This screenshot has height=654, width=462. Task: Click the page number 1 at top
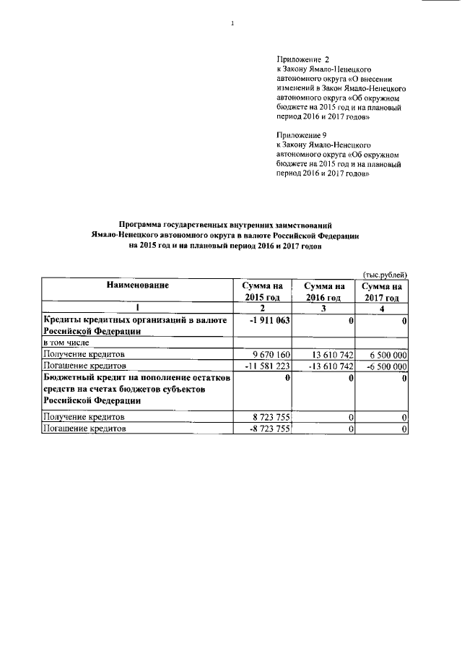click(232, 24)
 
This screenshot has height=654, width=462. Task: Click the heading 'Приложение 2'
click(303, 58)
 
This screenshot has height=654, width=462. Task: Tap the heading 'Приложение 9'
click(302, 135)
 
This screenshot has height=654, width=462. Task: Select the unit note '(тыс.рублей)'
click(386, 274)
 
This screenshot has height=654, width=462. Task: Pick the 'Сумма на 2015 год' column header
click(263, 291)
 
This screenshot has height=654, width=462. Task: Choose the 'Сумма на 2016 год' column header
click(323, 291)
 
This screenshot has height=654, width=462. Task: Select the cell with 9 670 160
click(269, 355)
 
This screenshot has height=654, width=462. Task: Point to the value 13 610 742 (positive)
click(328, 355)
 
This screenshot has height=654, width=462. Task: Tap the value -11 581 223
click(267, 366)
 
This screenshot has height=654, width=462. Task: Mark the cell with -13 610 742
click(326, 366)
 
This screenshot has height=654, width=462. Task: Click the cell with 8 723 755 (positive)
click(269, 418)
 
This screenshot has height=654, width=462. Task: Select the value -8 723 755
click(267, 429)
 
